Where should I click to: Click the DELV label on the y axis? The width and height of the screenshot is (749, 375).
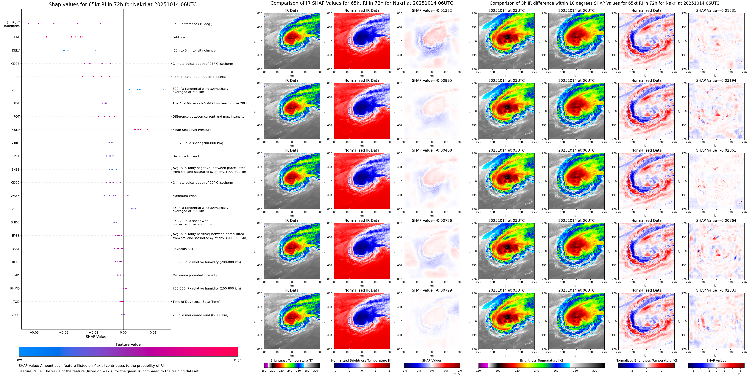click(16, 50)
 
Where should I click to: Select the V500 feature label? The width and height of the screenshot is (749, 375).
click(15, 90)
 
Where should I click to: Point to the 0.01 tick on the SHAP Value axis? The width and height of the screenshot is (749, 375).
click(153, 332)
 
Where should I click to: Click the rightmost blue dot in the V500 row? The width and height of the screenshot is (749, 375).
click(164, 90)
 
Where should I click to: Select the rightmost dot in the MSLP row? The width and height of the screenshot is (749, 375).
click(148, 130)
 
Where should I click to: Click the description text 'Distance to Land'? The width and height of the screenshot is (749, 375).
click(185, 156)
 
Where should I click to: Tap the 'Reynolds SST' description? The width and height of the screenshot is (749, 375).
click(183, 249)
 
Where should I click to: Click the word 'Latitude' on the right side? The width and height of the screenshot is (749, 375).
click(179, 37)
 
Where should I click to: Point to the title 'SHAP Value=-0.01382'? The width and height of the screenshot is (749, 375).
click(431, 10)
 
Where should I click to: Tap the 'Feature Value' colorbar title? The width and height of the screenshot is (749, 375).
click(128, 344)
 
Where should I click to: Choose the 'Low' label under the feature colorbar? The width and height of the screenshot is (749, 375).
click(19, 360)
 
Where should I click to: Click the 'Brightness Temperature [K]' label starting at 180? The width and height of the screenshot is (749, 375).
click(292, 360)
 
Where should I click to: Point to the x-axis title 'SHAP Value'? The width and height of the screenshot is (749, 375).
click(96, 337)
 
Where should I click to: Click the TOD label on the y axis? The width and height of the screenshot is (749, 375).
click(16, 302)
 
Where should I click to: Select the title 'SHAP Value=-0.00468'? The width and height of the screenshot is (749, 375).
click(431, 150)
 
